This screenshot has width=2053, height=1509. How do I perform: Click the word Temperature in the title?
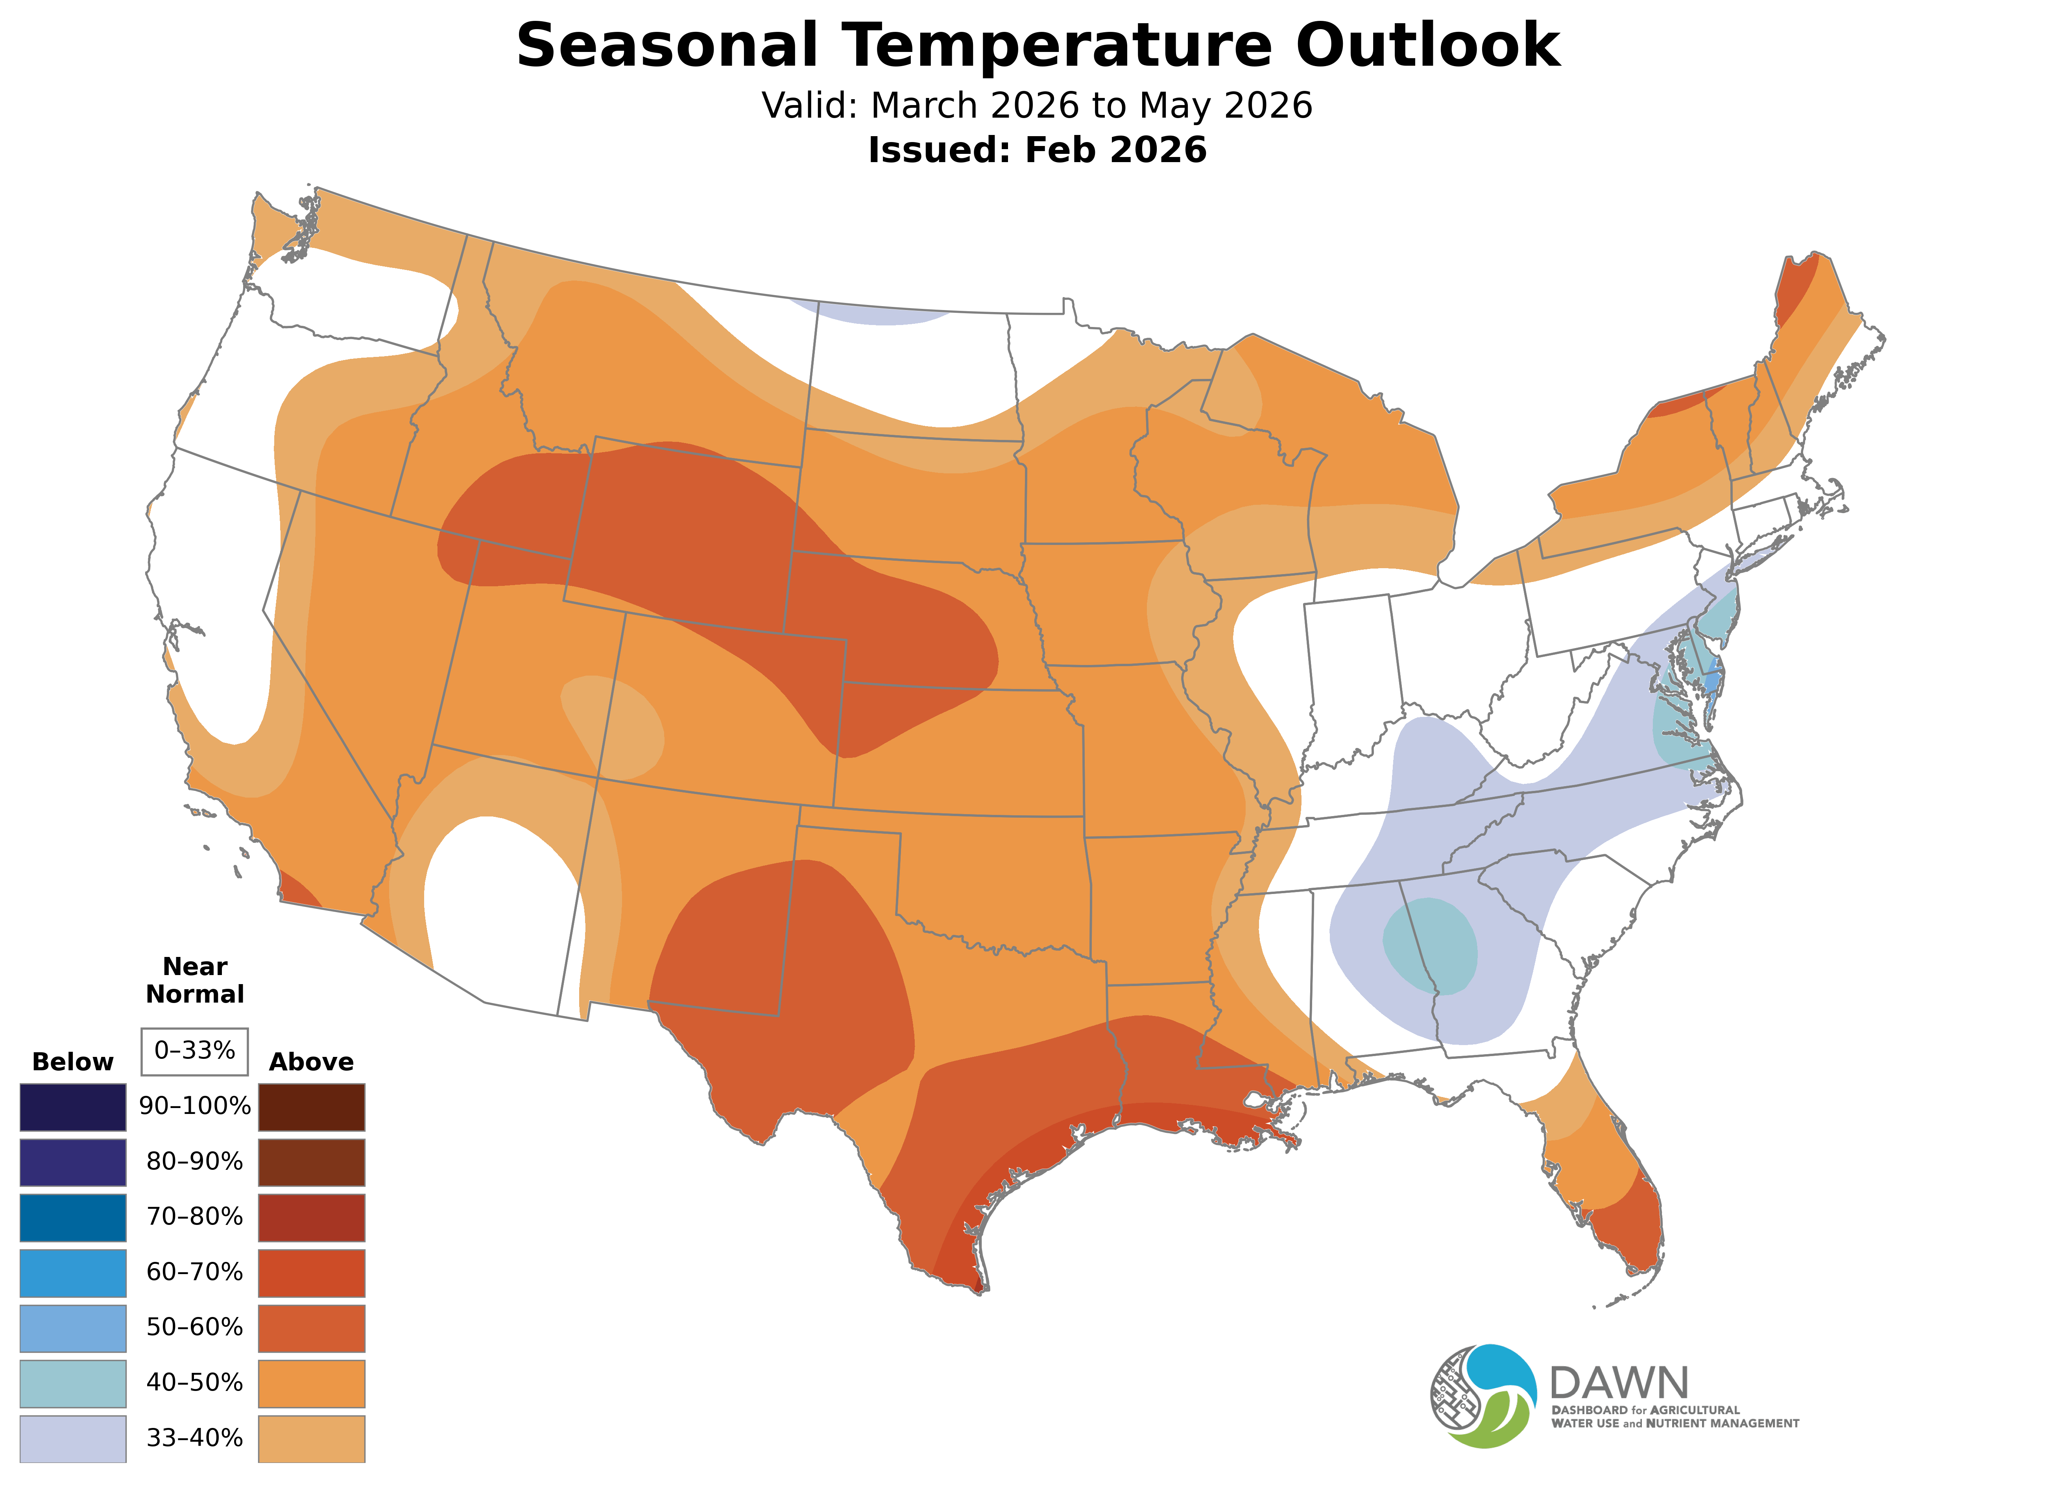[1055, 46]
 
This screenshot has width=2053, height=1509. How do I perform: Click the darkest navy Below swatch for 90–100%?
[73, 1107]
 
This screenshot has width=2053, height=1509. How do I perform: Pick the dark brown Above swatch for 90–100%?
[312, 1107]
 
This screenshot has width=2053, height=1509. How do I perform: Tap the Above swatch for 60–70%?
[312, 1273]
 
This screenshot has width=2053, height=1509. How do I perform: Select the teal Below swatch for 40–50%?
[73, 1383]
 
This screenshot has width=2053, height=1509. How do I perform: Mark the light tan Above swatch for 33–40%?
[312, 1439]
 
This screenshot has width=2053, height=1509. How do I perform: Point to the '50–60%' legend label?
[194, 1327]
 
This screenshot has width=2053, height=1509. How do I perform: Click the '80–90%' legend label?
[194, 1162]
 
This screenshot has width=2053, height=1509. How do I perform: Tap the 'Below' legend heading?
[73, 1062]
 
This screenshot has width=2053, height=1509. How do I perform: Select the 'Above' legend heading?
[312, 1062]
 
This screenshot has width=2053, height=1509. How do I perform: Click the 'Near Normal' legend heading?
[194, 980]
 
